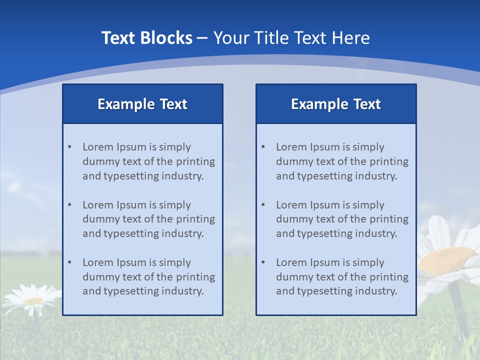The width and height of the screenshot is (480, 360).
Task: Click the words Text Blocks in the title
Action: pos(147,38)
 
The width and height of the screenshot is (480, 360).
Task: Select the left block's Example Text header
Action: pos(142,104)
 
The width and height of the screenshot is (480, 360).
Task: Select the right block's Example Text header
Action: pos(336,104)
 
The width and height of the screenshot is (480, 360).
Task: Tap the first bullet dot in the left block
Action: pos(69,147)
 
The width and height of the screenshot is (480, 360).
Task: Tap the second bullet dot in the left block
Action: pos(69,205)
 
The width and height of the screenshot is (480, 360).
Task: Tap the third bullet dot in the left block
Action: pos(69,262)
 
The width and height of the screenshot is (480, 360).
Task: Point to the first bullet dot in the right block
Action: pos(263,147)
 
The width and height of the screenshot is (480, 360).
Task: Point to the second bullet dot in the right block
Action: pos(263,205)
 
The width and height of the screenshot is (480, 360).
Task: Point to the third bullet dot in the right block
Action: pos(263,262)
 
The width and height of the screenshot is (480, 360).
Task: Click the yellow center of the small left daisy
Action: pos(33,301)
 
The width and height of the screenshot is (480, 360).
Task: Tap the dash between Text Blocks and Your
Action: pos(203,38)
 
